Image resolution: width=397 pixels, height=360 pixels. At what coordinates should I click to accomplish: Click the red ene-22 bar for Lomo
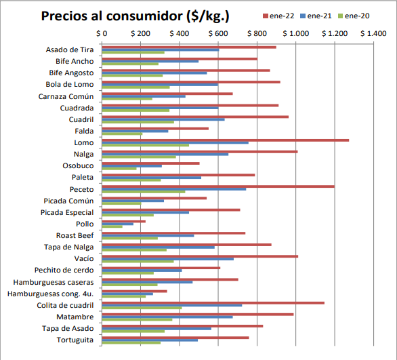tap(226, 140)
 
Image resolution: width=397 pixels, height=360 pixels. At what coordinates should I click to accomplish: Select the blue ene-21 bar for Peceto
tap(174, 189)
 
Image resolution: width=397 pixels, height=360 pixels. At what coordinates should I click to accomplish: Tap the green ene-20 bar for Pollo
tap(112, 226)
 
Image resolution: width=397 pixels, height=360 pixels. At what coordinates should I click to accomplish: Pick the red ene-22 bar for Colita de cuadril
tap(213, 303)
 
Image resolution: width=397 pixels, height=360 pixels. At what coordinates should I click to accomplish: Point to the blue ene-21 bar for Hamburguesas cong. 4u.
tap(127, 294)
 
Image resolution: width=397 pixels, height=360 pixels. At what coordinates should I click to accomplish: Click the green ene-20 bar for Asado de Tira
tap(133, 52)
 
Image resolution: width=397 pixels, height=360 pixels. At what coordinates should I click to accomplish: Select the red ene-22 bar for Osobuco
tap(150, 163)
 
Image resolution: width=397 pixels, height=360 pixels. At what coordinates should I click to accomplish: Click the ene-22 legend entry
tap(278, 16)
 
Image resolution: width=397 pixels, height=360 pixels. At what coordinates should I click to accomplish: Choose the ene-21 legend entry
tap(316, 16)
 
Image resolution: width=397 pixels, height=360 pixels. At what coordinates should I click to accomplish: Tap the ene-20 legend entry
tap(354, 16)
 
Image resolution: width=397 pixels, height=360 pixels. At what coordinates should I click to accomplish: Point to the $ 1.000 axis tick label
tap(296, 33)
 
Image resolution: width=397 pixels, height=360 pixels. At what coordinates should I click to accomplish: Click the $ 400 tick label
tap(180, 33)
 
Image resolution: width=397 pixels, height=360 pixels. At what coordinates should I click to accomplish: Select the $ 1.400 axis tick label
tap(373, 33)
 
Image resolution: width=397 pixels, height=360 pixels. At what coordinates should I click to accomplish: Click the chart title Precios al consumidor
tap(135, 16)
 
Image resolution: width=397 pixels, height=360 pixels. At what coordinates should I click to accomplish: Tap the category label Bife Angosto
tap(71, 73)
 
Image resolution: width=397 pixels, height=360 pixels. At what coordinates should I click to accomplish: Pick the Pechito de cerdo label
tap(64, 270)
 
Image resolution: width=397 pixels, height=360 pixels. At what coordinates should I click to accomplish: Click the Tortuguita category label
tap(75, 340)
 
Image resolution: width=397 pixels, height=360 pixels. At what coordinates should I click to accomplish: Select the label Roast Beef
tap(75, 235)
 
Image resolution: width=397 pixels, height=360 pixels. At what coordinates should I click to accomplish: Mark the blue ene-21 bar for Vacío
tap(167, 259)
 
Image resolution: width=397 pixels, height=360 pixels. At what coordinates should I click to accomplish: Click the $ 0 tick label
tap(102, 33)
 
